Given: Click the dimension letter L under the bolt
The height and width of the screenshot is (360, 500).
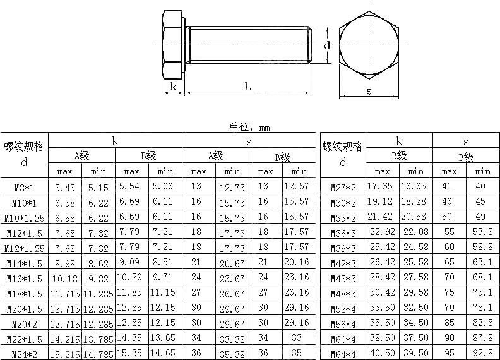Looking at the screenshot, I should point(248,87).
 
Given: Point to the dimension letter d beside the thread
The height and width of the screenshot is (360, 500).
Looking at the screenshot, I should point(327,45).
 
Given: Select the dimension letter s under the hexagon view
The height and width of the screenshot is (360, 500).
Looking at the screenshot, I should point(369,90).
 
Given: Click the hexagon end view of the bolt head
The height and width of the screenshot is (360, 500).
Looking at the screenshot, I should point(369,47).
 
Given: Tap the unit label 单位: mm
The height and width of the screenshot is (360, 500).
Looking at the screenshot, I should point(249,127).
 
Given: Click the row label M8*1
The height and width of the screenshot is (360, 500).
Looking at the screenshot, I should point(24,188).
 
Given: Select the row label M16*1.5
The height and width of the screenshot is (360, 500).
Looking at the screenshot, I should point(24,279).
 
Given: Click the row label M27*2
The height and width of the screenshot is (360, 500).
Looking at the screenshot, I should point(343,188).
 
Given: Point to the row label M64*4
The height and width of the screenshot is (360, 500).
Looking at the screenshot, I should point(343,354).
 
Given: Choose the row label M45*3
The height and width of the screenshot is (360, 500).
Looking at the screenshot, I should point(343,279).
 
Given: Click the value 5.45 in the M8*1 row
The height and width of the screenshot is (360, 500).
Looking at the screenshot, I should point(65,188).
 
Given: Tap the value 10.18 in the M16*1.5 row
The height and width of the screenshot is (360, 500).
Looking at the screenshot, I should point(65,279).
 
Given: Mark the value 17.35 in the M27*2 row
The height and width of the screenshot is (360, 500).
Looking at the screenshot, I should point(381,187).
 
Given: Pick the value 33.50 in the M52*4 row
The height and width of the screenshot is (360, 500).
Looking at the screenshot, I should point(382,308).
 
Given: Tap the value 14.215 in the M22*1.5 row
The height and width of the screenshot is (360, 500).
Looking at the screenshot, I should point(65,339).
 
